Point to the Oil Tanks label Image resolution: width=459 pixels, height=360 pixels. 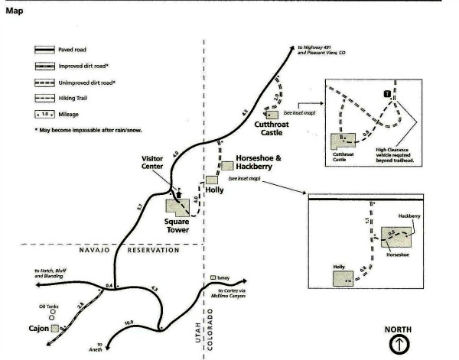(x=49, y=306)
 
